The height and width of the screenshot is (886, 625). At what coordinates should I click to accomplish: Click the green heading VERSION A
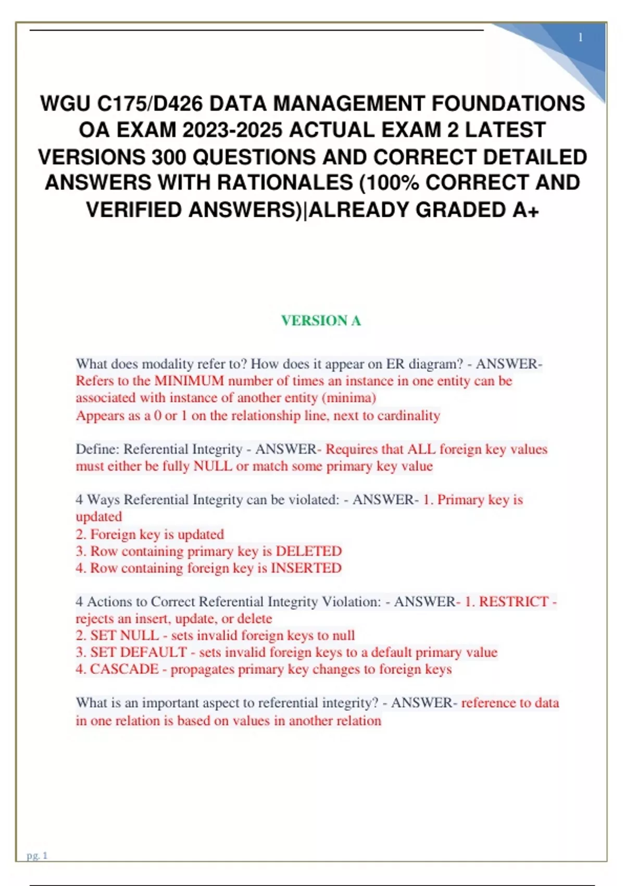pos(321,321)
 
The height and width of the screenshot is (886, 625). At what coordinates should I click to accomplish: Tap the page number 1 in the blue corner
pos(580,38)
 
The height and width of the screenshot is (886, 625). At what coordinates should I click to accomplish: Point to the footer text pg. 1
pos(37,855)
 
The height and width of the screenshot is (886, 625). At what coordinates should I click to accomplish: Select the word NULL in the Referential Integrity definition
pos(213,466)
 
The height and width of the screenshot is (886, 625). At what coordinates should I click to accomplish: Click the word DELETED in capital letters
pos(308,551)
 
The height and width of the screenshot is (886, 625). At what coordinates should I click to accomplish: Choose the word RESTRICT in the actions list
pos(514,602)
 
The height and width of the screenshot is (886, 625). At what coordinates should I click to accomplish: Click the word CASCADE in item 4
pos(124,669)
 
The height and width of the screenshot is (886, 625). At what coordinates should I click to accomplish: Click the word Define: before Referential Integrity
pos(97,449)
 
